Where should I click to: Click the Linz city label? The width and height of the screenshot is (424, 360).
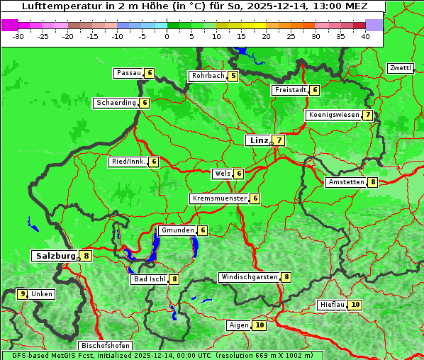(x=258, y=140)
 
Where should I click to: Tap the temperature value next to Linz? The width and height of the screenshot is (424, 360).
(x=279, y=140)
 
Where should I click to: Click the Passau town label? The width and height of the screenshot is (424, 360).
(x=129, y=73)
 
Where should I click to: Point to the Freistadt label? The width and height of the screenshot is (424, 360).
(x=289, y=90)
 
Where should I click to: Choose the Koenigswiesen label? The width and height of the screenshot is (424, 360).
(x=333, y=115)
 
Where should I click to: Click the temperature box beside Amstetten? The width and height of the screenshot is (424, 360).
(x=373, y=182)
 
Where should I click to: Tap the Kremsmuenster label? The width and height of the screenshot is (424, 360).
(x=219, y=198)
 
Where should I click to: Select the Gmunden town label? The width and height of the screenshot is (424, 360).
(x=177, y=230)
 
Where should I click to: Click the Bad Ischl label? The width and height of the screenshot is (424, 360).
(x=149, y=279)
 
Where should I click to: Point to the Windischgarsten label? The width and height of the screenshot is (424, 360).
(x=249, y=277)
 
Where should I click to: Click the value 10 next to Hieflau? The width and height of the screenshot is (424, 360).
(x=355, y=305)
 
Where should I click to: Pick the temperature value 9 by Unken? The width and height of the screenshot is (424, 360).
(x=23, y=293)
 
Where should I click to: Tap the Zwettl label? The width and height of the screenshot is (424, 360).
(x=400, y=68)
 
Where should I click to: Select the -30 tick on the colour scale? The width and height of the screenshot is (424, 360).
(x=18, y=36)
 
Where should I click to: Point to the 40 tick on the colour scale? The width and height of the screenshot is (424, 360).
(x=365, y=36)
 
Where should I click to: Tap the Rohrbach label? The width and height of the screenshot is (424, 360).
(x=208, y=76)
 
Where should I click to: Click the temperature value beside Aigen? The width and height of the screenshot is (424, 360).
(x=260, y=325)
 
